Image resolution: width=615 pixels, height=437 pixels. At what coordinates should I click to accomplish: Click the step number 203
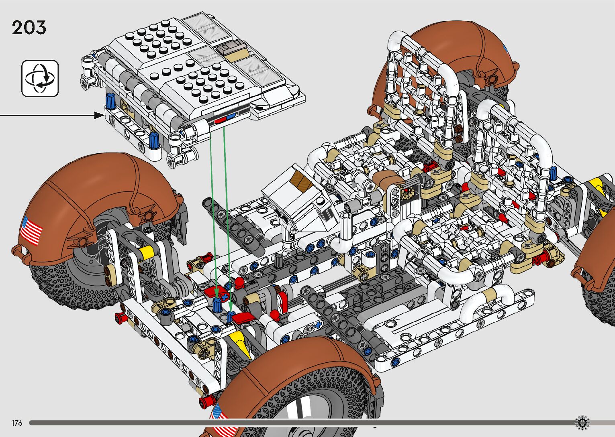tap(29, 28)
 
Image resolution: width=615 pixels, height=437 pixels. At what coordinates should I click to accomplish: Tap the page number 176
tap(17, 423)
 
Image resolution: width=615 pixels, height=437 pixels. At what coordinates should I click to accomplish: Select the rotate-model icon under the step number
tap(40, 79)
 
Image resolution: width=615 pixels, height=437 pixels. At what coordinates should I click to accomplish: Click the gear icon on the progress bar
tap(582, 423)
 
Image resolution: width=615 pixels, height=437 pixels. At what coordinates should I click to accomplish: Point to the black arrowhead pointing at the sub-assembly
tap(98, 115)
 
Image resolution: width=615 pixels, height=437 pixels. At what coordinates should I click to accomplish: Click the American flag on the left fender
tap(31, 230)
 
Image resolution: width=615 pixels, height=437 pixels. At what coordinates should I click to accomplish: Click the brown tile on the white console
tap(301, 180)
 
